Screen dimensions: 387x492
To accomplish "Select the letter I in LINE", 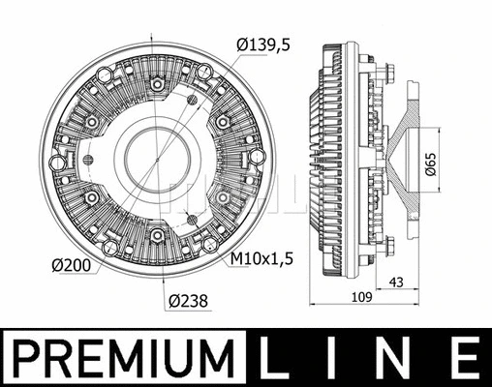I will point(316,358).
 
